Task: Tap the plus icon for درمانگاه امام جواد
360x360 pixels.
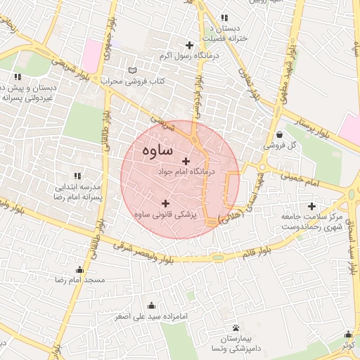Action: point(186,162)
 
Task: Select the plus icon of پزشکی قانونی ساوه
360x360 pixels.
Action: point(165,203)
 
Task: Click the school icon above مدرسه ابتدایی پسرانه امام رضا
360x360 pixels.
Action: point(77,176)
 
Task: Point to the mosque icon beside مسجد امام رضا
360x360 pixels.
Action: point(79,270)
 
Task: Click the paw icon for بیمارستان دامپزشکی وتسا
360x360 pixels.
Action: point(235,328)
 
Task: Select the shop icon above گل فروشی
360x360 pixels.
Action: point(280,135)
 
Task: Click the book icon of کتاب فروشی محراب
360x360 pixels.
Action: point(133,71)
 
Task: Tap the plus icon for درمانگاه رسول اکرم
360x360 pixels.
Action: point(189,45)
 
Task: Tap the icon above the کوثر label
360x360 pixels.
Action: point(348,335)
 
